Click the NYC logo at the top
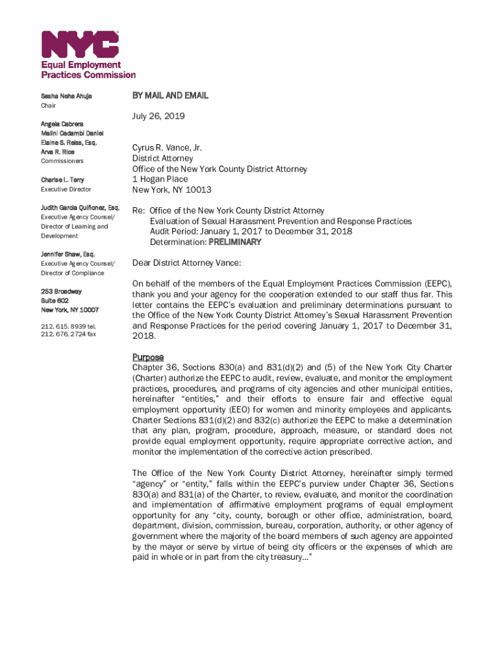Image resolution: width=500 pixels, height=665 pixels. tap(81, 44)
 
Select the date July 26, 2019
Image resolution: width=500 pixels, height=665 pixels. tap(158, 116)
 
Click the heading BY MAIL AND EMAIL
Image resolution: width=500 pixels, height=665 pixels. tap(170, 95)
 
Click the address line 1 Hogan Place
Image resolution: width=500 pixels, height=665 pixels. tap(160, 179)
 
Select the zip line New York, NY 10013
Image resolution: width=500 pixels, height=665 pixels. tap(171, 190)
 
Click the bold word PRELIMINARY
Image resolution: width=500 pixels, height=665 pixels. tap(234, 242)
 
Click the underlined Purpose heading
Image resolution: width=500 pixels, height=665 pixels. tap(148, 357)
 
